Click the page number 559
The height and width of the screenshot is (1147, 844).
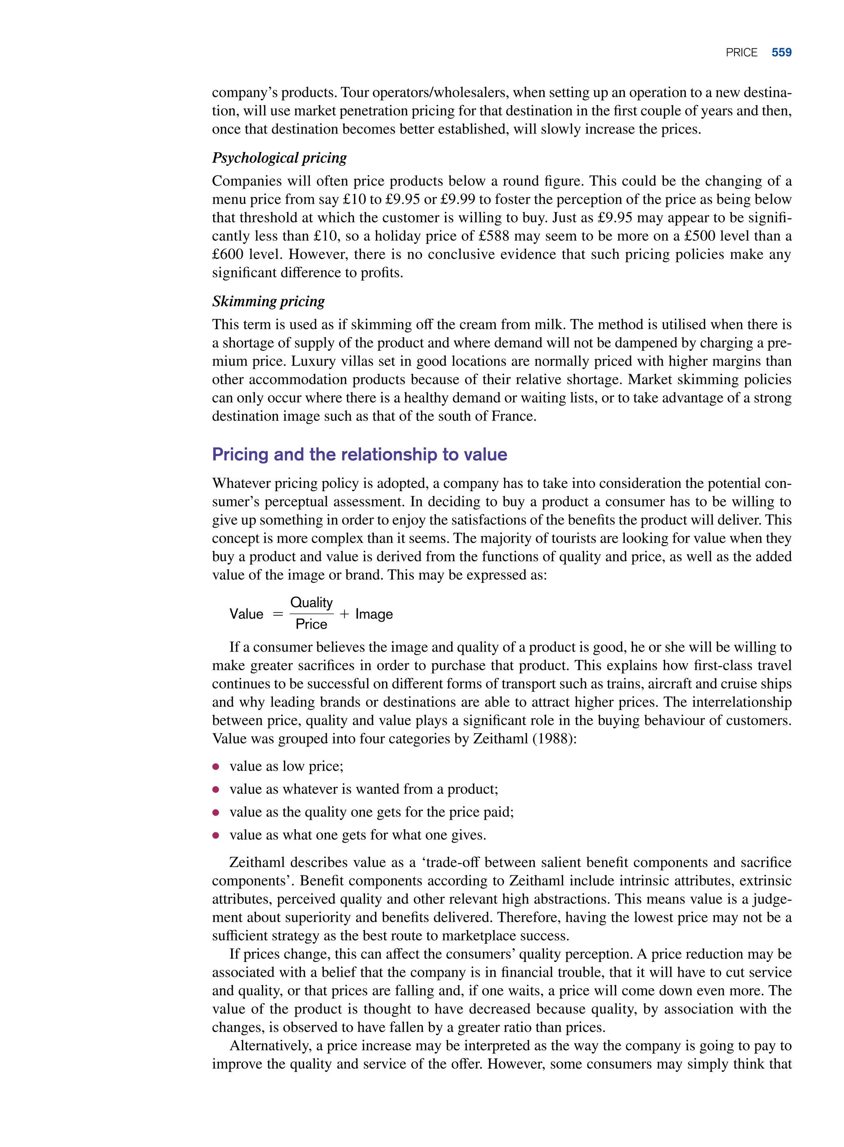point(781,52)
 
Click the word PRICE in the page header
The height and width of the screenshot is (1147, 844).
point(741,53)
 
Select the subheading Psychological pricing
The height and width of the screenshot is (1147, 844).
point(279,157)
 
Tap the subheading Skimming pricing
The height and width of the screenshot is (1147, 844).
point(268,301)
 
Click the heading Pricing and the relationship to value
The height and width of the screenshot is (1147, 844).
point(359,454)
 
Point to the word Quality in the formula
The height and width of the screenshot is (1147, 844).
point(311,603)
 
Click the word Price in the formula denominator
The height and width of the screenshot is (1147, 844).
point(311,624)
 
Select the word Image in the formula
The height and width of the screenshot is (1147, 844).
point(374,614)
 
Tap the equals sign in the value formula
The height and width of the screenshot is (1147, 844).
point(277,614)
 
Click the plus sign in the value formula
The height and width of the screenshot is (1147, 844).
point(344,614)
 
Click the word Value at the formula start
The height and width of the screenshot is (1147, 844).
point(246,614)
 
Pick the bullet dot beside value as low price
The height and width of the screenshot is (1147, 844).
point(216,766)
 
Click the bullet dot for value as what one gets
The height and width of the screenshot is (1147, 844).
point(216,835)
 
